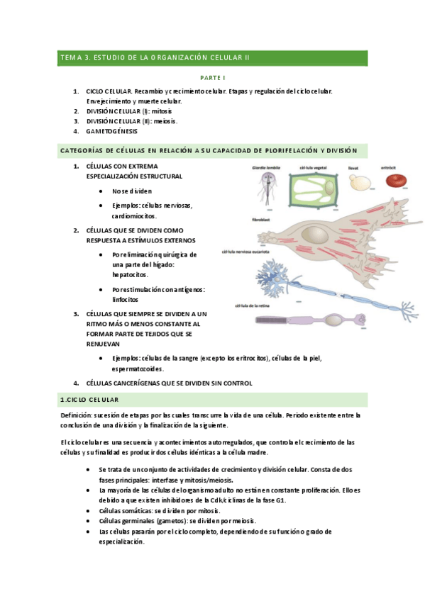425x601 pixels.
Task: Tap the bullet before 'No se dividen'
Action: pos(105,191)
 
